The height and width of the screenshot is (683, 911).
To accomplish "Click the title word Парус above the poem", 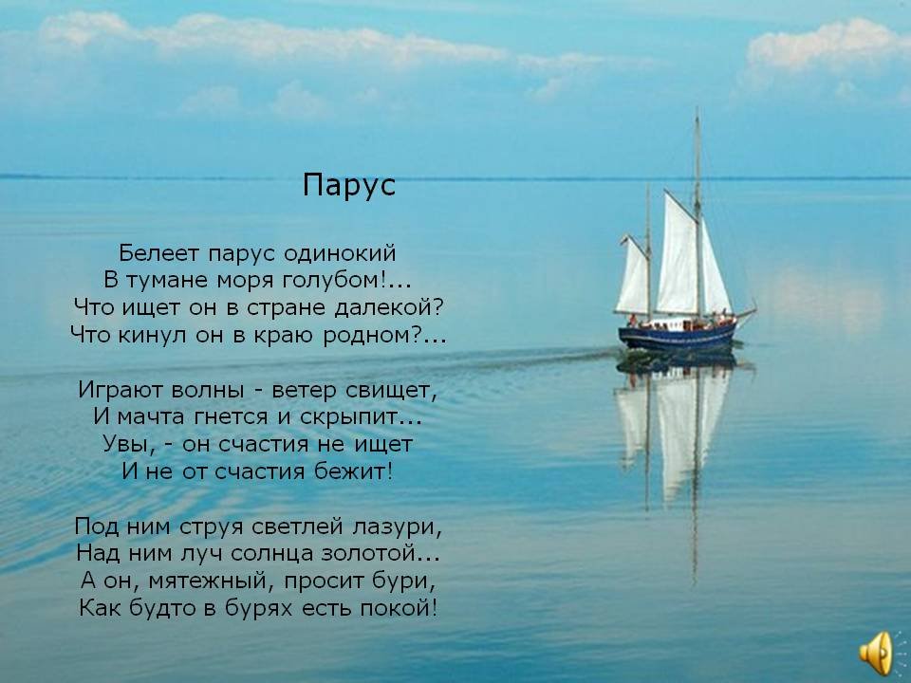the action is pos(348,186).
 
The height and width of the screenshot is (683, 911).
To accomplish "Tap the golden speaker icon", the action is pos(876,654).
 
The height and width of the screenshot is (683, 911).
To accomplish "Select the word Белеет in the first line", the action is pos(159,253).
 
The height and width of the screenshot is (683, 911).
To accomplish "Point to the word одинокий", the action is pos(340,254).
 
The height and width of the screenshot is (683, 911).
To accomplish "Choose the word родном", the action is pos(366,335).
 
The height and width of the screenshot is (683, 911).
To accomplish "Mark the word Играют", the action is pos(121,391).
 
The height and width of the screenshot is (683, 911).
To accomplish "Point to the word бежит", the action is pos(350,471).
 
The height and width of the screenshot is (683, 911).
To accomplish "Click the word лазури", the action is pos(393,528).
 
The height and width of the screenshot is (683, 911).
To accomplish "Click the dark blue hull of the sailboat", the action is pos(677,337).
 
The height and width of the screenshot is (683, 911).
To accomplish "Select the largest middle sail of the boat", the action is pos(678,255).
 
